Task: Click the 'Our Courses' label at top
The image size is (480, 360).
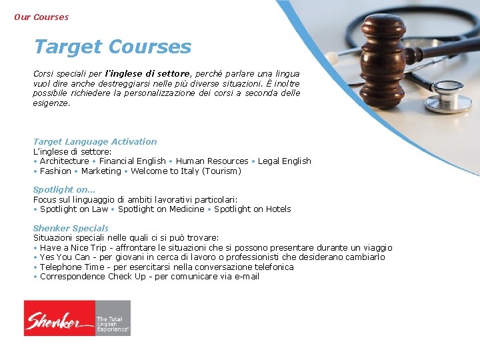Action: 41,17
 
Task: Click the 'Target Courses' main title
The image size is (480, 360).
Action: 112,47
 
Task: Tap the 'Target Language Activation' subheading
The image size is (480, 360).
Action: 95,141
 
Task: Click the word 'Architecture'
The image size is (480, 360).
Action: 64,161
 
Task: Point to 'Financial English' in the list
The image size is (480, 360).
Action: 132,161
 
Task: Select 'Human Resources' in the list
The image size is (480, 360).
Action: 212,161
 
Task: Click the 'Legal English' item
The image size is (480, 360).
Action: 285,161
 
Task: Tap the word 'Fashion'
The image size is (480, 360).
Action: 55,171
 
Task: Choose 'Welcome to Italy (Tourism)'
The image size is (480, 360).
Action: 186,171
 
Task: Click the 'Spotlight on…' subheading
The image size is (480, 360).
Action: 64,189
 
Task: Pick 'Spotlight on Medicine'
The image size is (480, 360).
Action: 161,209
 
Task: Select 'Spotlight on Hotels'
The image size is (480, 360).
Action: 252,209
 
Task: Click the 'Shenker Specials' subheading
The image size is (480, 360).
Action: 71,228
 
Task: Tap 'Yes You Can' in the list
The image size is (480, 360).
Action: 65,257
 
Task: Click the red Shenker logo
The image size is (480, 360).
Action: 59,318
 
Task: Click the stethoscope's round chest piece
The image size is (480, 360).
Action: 447,99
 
